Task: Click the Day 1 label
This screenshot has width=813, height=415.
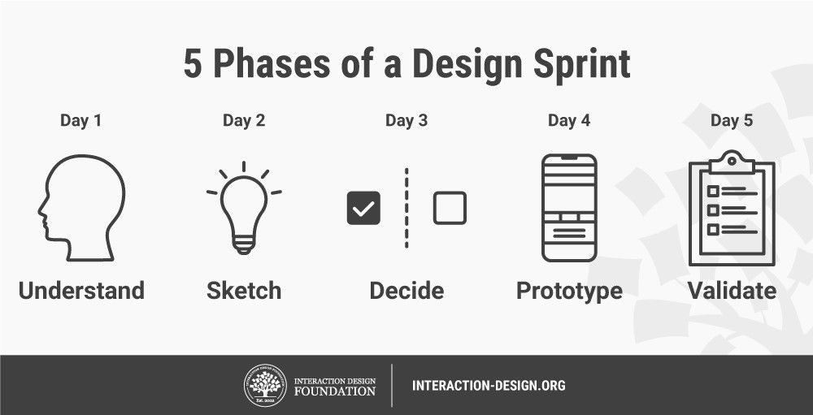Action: [x=81, y=121]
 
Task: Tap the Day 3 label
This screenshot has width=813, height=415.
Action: [x=406, y=121]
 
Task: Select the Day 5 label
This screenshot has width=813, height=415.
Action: [x=732, y=121]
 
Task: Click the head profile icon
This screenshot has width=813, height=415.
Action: [x=81, y=208]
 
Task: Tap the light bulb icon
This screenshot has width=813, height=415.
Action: [x=244, y=210]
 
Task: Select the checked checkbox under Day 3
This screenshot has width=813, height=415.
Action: [x=363, y=208]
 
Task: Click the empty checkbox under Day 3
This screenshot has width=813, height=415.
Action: [x=450, y=208]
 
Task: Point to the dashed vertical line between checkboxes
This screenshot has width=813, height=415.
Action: [x=406, y=208]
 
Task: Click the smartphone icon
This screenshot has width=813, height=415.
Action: [x=569, y=208]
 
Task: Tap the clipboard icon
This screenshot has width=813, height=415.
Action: [x=732, y=210]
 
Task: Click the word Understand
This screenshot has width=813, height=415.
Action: [x=81, y=291]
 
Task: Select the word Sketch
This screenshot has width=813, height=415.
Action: [x=244, y=291]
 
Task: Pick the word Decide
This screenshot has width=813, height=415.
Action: [x=406, y=291]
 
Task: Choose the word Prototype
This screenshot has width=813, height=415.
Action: [x=569, y=291]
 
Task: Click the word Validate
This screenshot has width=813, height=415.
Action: [x=732, y=291]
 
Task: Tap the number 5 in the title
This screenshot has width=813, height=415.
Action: [x=193, y=66]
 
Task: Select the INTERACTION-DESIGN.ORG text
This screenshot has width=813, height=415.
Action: [x=489, y=385]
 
